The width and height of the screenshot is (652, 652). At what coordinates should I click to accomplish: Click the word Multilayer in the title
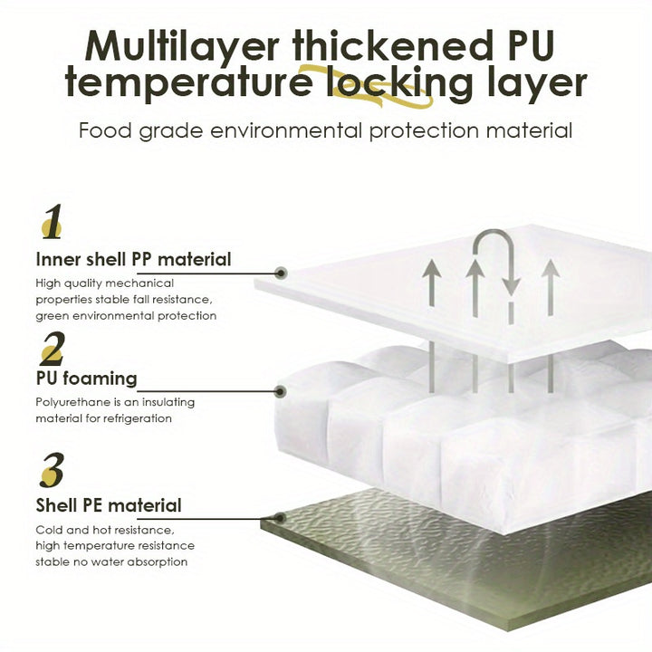click(x=182, y=47)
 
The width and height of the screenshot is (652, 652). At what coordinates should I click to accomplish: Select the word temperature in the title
click(x=188, y=82)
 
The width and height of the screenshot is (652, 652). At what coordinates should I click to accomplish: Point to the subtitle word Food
click(x=105, y=130)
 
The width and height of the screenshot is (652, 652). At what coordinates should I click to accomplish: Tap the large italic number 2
click(x=53, y=349)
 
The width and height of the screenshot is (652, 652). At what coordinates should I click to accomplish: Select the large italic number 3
click(x=53, y=470)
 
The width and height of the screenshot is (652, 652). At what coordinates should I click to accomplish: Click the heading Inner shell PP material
click(x=133, y=260)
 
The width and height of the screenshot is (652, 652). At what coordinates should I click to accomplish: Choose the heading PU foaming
click(x=87, y=379)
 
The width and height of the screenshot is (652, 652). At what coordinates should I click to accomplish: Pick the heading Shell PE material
click(x=109, y=505)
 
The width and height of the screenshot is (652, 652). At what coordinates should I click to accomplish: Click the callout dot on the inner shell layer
click(x=282, y=273)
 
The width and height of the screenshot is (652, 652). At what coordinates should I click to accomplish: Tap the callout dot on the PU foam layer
click(x=281, y=391)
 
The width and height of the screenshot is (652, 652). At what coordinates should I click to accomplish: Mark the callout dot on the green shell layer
click(x=281, y=518)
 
